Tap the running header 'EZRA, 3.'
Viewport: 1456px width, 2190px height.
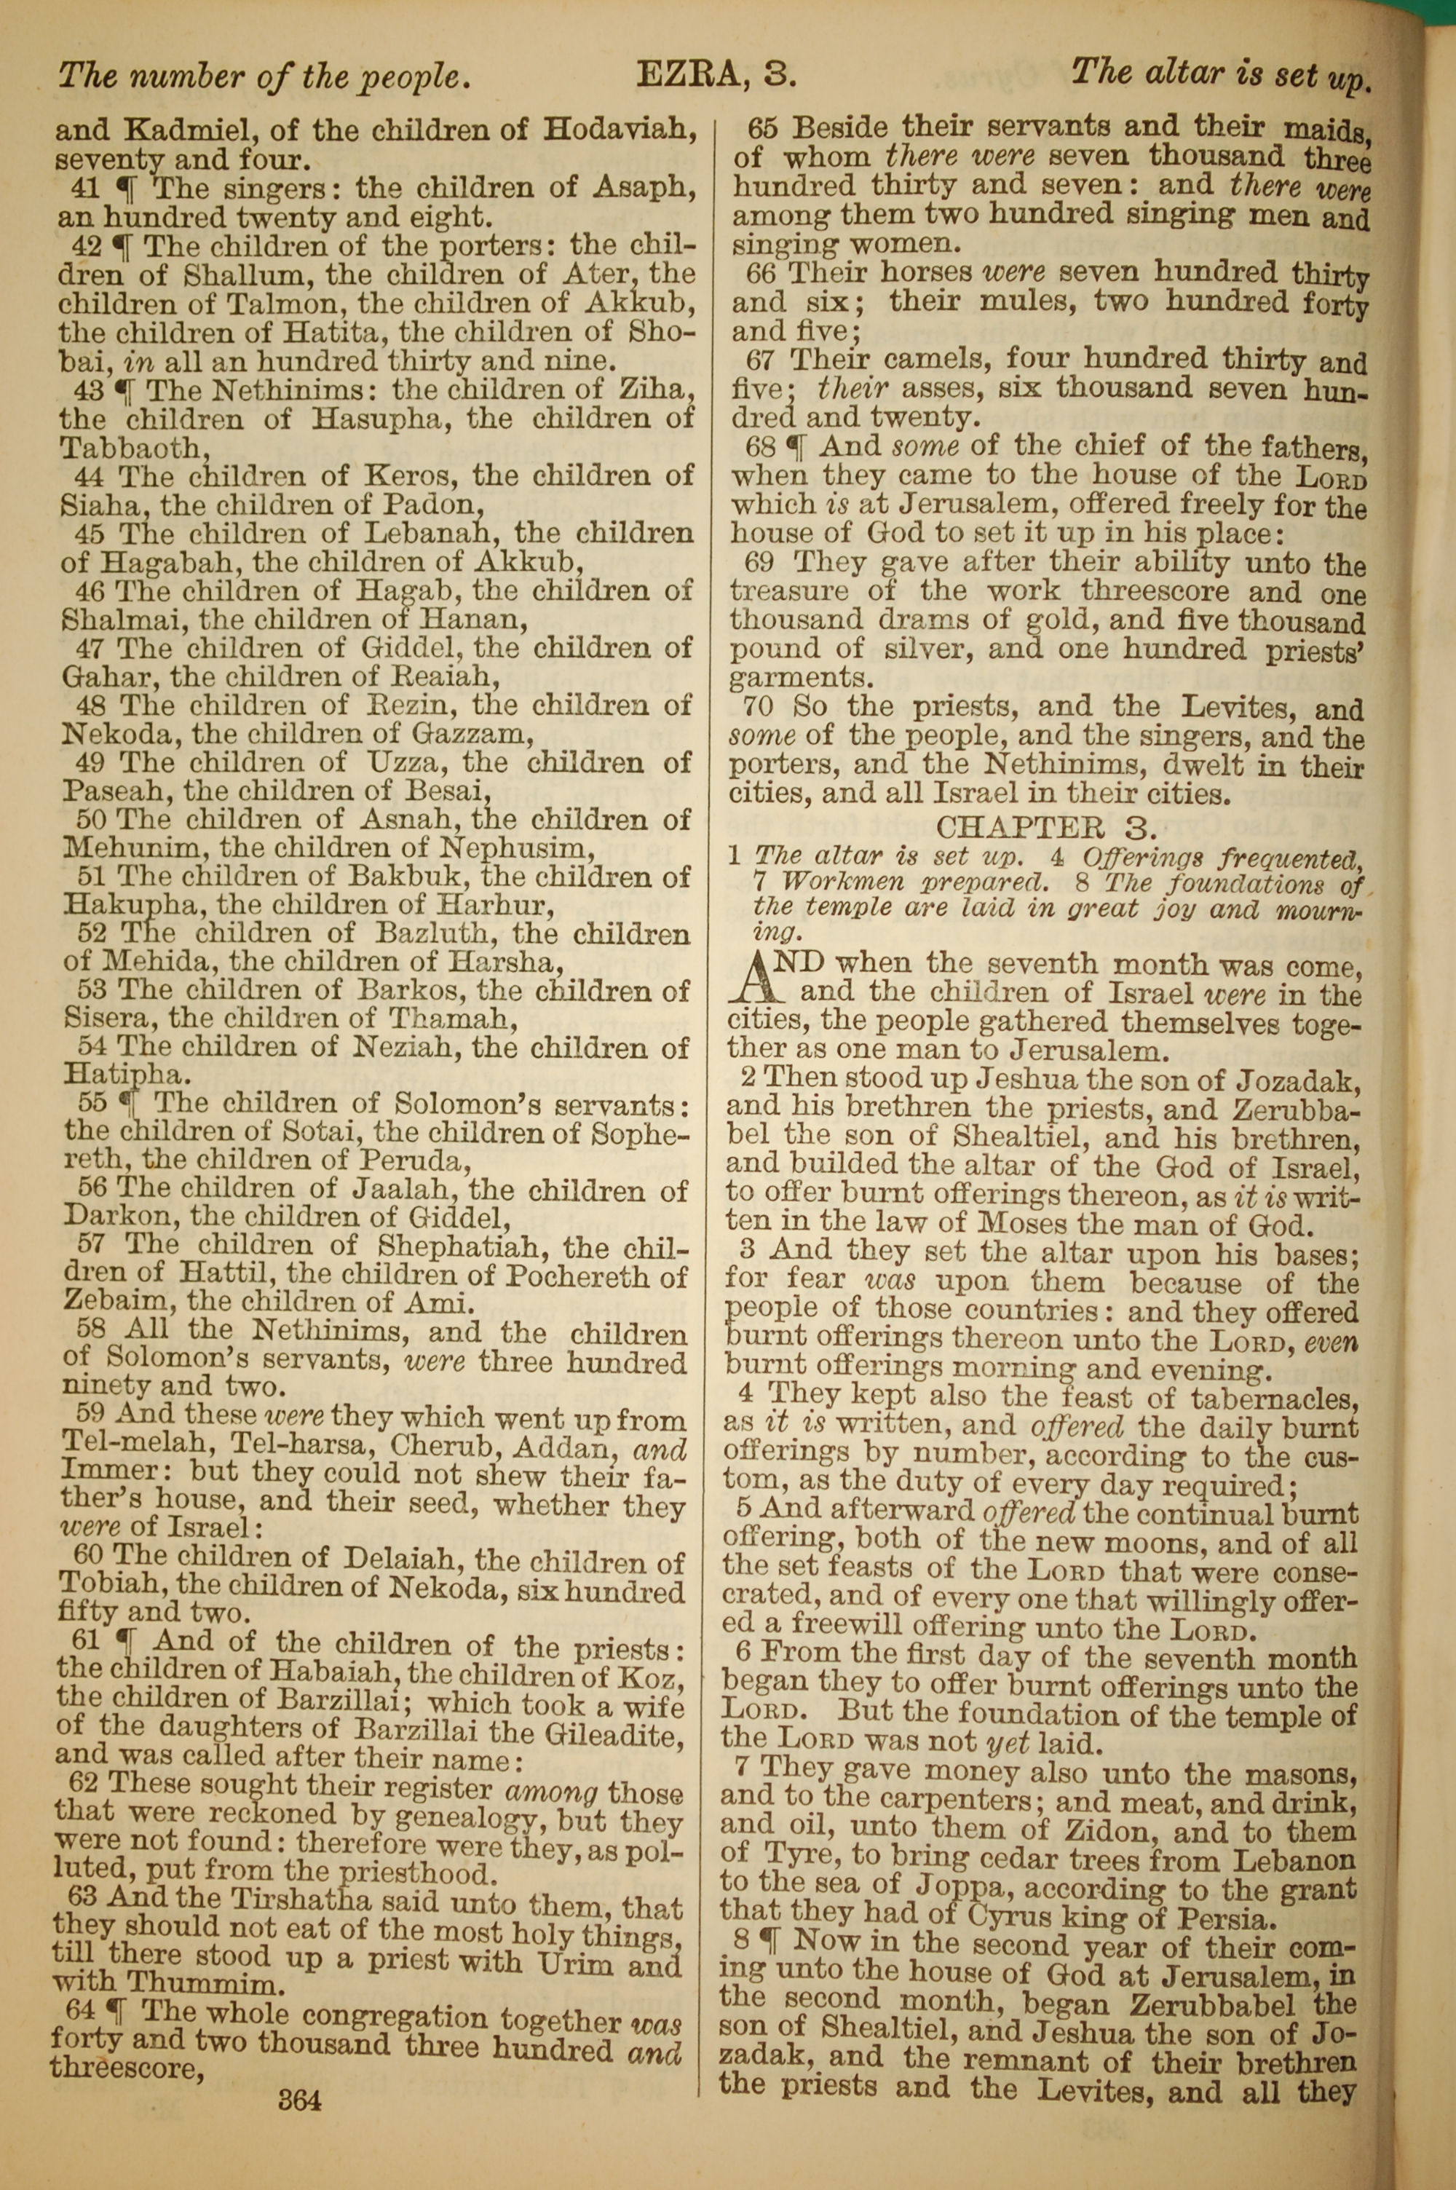pos(716,74)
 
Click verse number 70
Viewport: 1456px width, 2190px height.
pos(759,708)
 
